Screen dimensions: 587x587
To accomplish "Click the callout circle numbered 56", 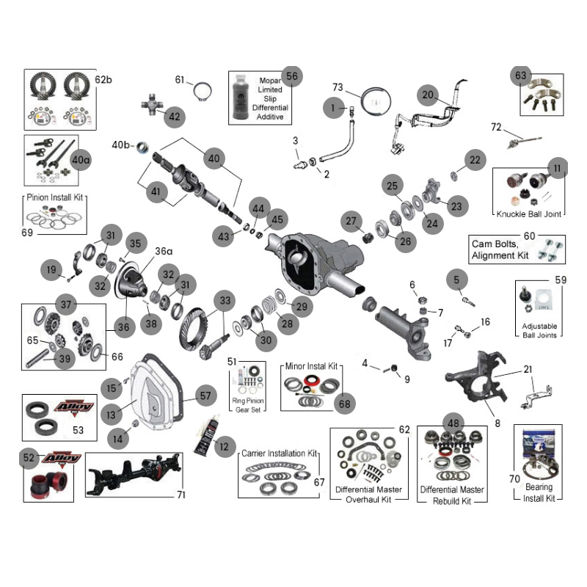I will point(291,76).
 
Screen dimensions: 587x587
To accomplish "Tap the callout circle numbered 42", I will point(174,116).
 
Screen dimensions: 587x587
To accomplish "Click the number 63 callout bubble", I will point(520,76).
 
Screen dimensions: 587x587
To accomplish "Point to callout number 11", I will point(558,169).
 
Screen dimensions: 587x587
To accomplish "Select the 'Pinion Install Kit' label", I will point(56,197).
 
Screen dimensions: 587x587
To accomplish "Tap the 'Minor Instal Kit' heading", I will point(311,365).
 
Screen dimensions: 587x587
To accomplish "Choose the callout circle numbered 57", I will point(205,395).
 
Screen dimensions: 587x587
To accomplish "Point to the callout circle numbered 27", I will point(351,221).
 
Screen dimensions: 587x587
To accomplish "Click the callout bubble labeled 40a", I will point(81,159).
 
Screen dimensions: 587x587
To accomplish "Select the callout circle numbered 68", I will point(346,403).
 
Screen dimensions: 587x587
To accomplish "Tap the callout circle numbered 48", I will point(453,423).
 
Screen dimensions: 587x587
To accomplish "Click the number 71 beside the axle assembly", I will point(181,495).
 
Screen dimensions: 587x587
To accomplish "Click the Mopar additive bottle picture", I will point(241,98).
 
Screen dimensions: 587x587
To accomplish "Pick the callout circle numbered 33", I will point(225,300).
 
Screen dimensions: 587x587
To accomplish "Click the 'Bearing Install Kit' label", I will point(538,492).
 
